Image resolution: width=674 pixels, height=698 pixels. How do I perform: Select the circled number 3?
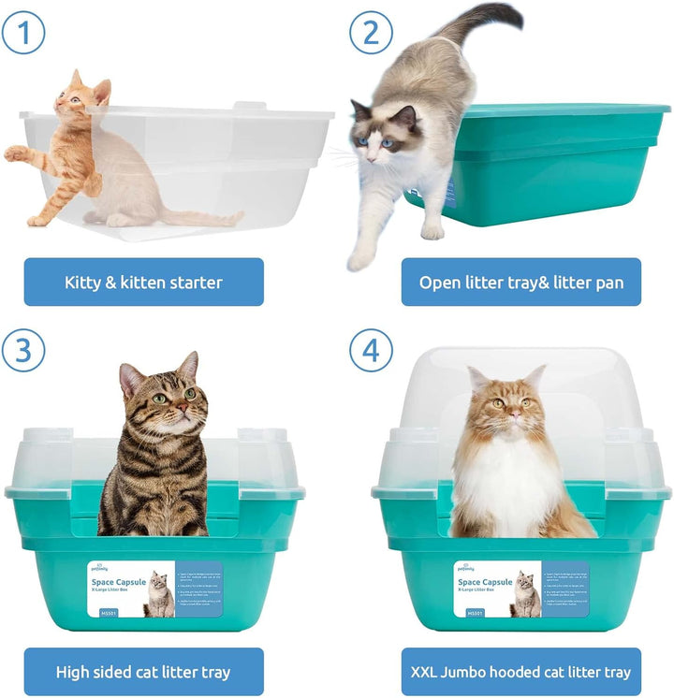click(23, 352)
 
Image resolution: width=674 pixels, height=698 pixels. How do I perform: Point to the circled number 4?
click(372, 352)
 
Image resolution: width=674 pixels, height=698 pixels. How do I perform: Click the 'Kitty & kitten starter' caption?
click(143, 282)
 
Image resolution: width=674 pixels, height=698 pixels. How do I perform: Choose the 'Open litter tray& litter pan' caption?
click(520, 282)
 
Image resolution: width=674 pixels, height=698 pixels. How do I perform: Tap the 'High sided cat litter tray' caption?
click(143, 672)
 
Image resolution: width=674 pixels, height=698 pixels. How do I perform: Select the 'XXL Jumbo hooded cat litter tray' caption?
click(520, 672)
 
